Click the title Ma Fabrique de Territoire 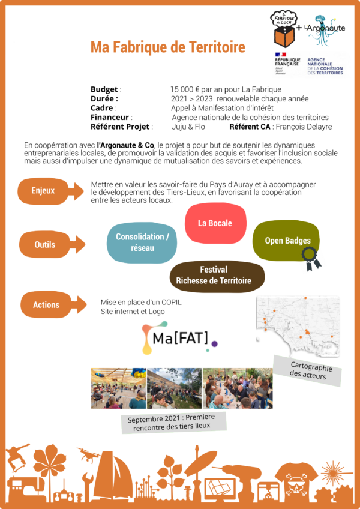(168, 47)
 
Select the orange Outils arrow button (52, 244)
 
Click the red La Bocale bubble (215, 223)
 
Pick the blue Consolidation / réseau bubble (142, 242)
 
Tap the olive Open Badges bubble (287, 241)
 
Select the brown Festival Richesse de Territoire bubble (214, 276)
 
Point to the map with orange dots (298, 326)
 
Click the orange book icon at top (285, 36)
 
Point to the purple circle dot (214, 344)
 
